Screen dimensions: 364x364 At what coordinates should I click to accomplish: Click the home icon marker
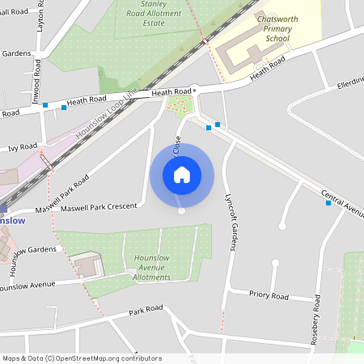click(x=182, y=175)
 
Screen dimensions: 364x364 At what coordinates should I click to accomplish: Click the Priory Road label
click(x=269, y=296)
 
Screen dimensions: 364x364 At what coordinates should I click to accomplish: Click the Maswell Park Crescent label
click(x=99, y=207)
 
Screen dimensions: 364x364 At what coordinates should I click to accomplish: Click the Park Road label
click(x=146, y=311)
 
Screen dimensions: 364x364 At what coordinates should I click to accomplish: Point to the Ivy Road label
click(x=23, y=147)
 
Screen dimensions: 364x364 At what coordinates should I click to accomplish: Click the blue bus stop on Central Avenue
click(x=328, y=203)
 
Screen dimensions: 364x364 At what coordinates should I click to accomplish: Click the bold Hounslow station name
click(x=11, y=220)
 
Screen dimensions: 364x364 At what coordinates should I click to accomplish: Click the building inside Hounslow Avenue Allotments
click(x=87, y=265)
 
